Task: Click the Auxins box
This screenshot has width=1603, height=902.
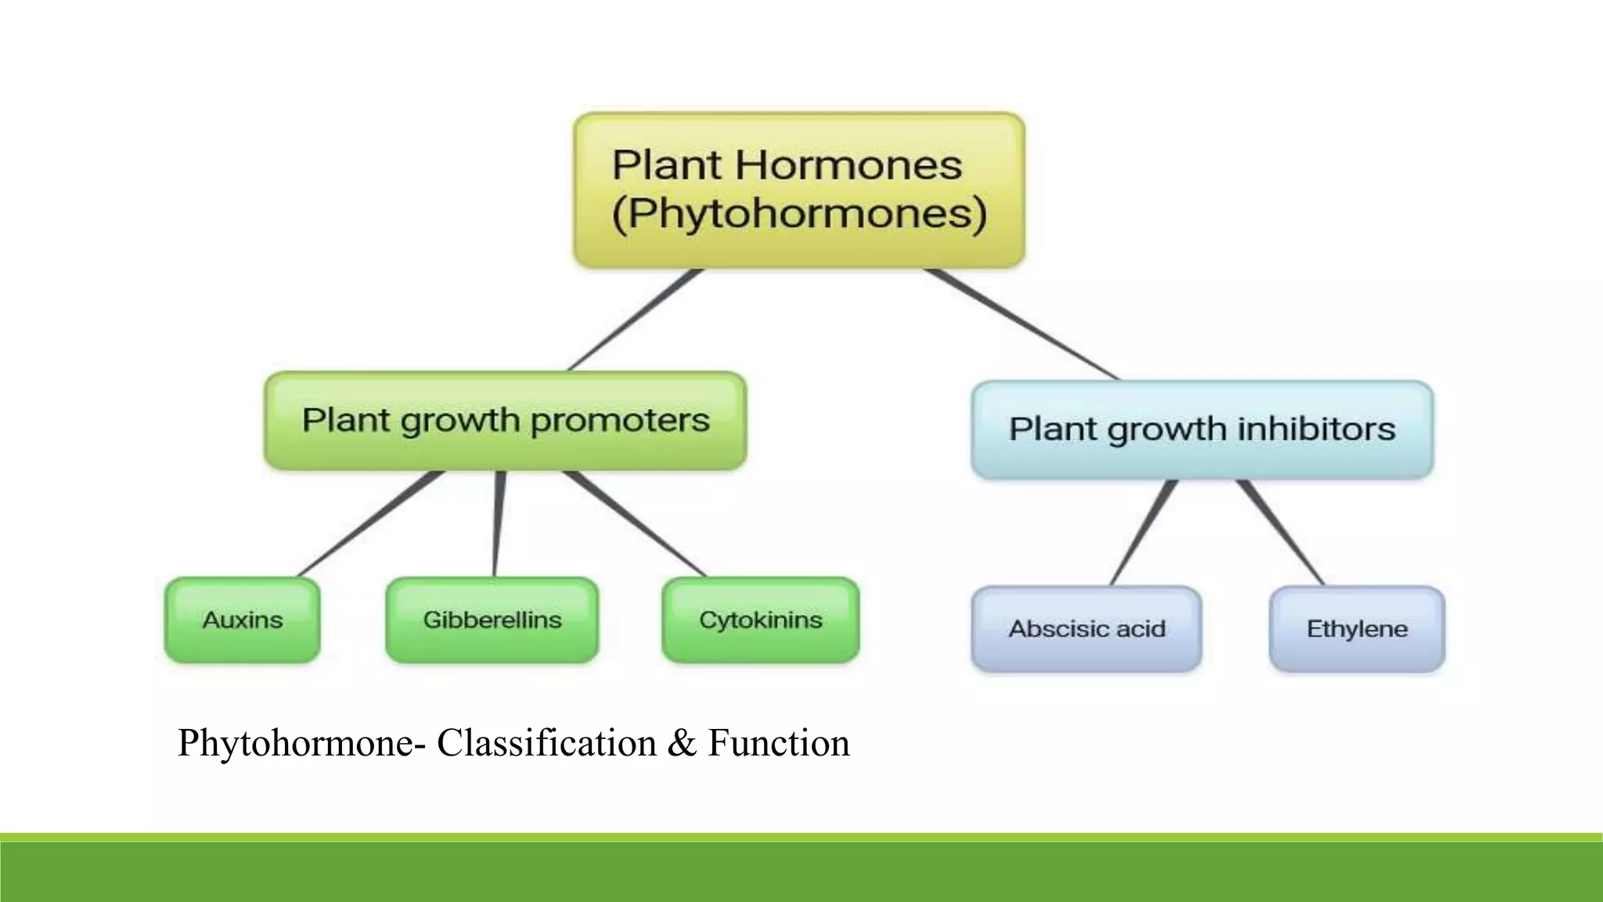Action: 242,620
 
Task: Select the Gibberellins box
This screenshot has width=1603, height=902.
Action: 492,620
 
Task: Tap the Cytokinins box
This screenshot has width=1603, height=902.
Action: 760,620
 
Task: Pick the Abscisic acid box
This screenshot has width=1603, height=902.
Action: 1086,629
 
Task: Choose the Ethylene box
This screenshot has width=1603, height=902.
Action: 1356,629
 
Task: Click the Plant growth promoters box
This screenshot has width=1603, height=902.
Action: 505,420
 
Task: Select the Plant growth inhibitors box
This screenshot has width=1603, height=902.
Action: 1201,429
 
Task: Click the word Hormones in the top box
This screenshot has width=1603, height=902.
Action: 848,165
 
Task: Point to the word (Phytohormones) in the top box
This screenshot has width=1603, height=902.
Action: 798,214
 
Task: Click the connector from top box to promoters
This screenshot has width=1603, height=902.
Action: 636,319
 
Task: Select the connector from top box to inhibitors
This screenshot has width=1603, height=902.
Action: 1021,324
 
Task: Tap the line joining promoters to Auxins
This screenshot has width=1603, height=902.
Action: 370,525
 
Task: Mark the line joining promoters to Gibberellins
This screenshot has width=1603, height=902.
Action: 499,525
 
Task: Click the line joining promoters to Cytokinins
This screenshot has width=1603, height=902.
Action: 634,523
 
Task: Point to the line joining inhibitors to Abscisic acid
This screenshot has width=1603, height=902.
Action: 1144,532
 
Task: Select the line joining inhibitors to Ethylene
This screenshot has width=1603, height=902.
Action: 1281,532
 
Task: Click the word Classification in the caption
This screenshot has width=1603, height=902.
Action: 546,742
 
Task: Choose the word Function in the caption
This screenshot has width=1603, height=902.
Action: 778,742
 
